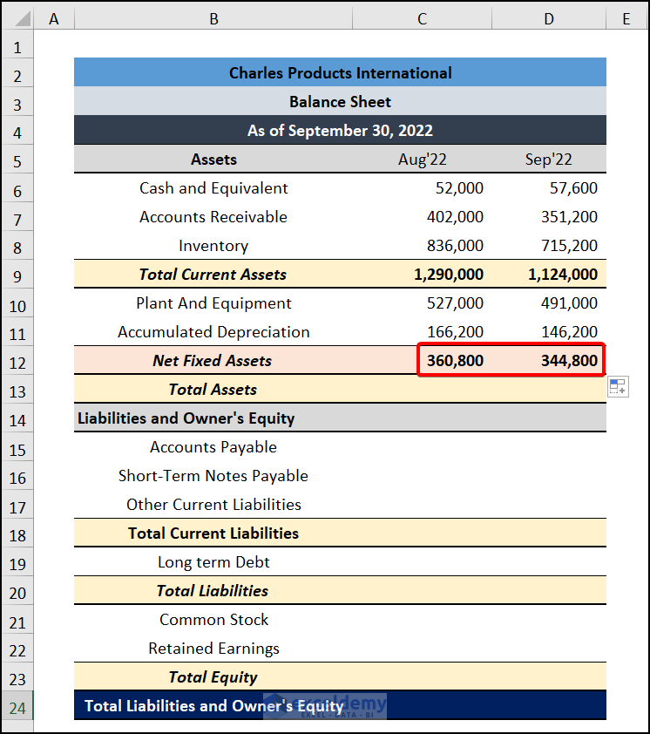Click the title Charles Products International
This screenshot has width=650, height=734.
point(340,73)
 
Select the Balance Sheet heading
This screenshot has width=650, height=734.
point(340,102)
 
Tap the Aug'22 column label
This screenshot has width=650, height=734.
point(422,160)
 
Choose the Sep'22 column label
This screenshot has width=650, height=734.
point(549,160)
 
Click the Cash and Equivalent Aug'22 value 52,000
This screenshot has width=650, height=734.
point(459,188)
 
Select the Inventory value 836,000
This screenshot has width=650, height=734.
point(455,246)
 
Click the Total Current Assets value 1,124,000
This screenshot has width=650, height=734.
point(563,275)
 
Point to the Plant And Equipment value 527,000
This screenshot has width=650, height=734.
point(455,303)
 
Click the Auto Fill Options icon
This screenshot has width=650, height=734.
point(617,387)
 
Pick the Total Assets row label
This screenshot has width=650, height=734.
point(213,390)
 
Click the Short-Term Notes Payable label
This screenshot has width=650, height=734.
point(213,476)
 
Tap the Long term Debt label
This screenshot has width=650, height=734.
point(213,562)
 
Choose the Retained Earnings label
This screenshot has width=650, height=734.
point(213,649)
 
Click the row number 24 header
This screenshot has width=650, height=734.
point(17,706)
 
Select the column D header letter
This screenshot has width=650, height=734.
point(549,18)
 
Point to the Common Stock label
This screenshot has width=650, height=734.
point(213,620)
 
